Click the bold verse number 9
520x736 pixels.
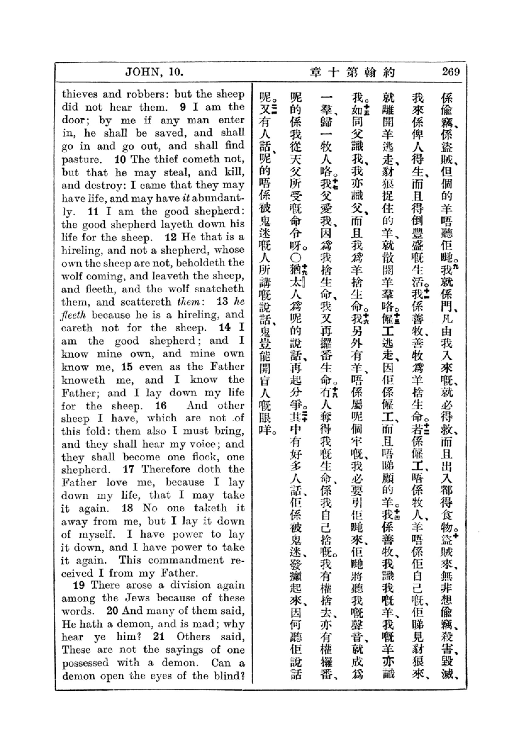point(183,107)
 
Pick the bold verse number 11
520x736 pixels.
point(93,211)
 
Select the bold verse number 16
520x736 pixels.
point(161,406)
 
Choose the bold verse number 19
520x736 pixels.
point(79,585)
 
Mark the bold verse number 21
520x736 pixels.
point(159,636)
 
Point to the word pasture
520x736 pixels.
point(81,159)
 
